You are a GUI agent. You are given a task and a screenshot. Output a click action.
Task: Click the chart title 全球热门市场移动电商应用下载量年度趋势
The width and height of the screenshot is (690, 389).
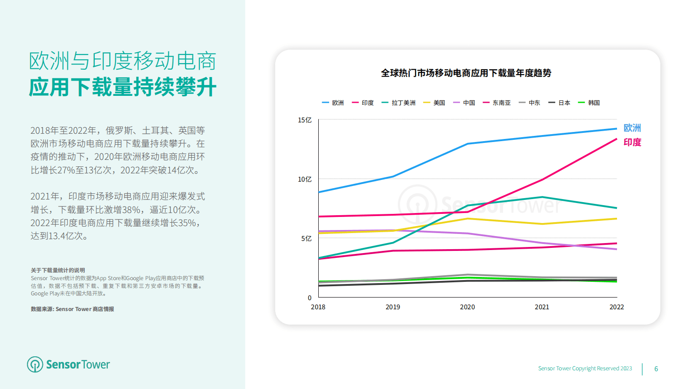click(x=466, y=73)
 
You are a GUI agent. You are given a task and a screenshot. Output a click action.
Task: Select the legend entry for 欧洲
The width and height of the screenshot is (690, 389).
click(x=333, y=103)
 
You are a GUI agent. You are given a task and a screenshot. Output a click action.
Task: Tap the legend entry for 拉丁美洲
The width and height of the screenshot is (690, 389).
click(x=399, y=103)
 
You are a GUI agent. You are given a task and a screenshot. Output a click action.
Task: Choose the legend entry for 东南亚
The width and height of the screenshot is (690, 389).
click(x=497, y=103)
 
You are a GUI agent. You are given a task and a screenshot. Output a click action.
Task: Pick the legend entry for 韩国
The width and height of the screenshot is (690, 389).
click(x=589, y=103)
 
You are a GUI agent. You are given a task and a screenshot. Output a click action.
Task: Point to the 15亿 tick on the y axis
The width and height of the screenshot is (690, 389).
click(x=304, y=120)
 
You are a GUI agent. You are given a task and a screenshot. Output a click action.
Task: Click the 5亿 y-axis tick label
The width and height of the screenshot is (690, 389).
click(x=306, y=238)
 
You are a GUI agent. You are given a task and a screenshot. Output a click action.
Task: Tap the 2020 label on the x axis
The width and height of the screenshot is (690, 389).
click(x=467, y=307)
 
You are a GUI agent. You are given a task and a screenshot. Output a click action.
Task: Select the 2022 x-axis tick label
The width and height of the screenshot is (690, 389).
click(x=617, y=307)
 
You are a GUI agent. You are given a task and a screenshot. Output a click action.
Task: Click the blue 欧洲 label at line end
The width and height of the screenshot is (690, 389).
click(x=632, y=128)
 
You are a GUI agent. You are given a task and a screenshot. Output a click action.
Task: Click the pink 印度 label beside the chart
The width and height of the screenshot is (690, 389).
click(x=632, y=142)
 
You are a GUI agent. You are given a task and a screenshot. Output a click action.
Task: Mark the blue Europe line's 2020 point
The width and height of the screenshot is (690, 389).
click(x=467, y=144)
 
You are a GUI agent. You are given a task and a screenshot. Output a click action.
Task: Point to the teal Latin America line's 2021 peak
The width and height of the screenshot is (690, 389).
click(x=542, y=197)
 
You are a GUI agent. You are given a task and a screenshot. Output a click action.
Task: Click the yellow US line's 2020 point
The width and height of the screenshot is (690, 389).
click(x=467, y=219)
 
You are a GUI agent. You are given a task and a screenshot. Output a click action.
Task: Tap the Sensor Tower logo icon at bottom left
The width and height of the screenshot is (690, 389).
click(x=35, y=365)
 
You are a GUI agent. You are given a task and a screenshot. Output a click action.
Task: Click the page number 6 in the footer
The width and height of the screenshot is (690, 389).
click(x=656, y=369)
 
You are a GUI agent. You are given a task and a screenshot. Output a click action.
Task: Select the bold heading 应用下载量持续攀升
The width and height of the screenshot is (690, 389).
click(x=123, y=87)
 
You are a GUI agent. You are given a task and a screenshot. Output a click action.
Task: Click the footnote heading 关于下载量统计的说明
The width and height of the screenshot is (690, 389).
click(x=58, y=270)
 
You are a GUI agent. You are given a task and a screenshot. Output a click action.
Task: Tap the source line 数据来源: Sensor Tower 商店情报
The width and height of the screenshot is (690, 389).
click(x=72, y=309)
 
